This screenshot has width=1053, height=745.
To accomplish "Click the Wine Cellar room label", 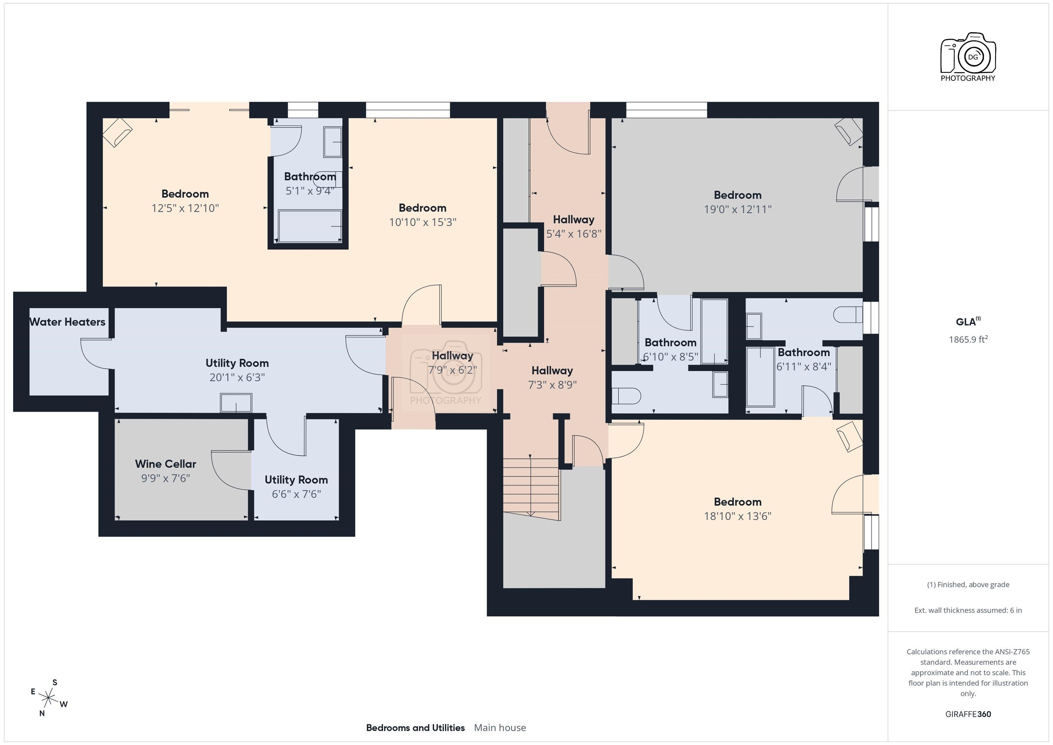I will tap(165, 464).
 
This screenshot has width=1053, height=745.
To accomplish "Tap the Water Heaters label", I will tap(68, 322).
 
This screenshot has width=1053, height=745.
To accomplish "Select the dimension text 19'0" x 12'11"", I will tap(737, 209).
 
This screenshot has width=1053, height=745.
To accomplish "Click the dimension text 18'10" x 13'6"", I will tap(737, 516).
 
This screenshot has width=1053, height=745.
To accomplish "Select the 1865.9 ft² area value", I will tap(968, 339).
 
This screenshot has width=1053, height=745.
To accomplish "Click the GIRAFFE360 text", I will tap(968, 714).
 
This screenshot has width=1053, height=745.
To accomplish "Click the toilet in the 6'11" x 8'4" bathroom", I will tap(848, 315).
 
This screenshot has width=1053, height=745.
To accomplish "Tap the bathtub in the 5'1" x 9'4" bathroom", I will tap(310, 226).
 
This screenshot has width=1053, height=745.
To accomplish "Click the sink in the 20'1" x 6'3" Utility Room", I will tap(236, 403).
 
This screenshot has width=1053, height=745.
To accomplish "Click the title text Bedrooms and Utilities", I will tap(415, 728).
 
